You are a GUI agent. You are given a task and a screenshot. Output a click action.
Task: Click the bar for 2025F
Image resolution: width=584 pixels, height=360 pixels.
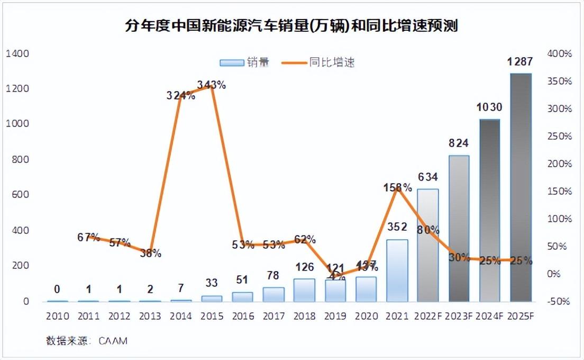click(x=521, y=187)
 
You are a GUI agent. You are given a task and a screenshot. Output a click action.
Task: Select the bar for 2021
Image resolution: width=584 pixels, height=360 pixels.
click(x=397, y=271)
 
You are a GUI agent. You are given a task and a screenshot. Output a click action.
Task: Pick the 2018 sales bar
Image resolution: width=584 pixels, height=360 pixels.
click(x=304, y=290)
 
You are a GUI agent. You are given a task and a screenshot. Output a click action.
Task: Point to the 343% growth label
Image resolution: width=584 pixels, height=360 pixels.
click(x=211, y=85)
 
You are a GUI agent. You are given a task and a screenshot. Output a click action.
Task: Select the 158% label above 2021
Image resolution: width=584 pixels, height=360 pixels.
click(x=398, y=187)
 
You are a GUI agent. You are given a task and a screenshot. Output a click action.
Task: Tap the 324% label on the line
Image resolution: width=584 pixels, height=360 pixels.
click(x=181, y=96)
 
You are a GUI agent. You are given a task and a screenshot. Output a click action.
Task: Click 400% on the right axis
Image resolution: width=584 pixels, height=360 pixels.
click(x=560, y=53)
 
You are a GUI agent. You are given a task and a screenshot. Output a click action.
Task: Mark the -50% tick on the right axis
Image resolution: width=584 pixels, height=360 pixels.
click(x=559, y=301)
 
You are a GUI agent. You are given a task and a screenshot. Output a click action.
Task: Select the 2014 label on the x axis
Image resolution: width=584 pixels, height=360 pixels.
click(x=181, y=316)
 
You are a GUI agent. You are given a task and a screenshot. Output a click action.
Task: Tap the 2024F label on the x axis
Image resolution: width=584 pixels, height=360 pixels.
click(x=489, y=316)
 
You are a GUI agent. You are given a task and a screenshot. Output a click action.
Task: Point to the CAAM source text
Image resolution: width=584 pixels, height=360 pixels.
click(x=113, y=340)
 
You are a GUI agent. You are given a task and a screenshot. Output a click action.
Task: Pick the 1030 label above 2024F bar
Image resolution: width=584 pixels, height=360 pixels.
click(x=489, y=107)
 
